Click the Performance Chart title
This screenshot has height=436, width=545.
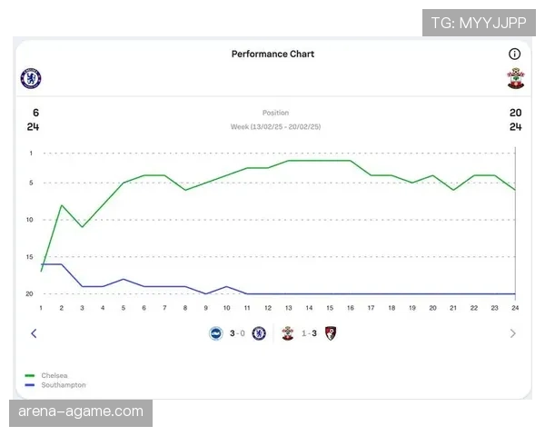[x=272, y=54]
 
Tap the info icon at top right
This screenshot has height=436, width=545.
[x=514, y=54]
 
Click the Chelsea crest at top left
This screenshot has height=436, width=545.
[x=31, y=78]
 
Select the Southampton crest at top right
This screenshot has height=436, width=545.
[x=515, y=78]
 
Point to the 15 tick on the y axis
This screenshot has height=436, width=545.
[x=30, y=257]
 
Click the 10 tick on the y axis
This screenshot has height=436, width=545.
[x=30, y=220]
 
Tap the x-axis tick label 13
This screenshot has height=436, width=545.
[x=289, y=308]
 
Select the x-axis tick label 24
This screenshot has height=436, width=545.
[x=515, y=308]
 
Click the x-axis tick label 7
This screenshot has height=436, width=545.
[x=165, y=308]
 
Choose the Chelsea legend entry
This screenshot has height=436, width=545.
[x=54, y=375]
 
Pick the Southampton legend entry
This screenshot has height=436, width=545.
[x=62, y=385]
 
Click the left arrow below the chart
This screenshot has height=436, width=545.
[x=34, y=333]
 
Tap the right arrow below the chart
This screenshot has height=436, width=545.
[x=512, y=333]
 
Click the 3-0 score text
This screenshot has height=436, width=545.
[x=237, y=333]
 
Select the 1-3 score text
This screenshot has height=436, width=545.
[x=310, y=333]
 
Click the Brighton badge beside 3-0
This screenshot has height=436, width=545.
[x=216, y=333]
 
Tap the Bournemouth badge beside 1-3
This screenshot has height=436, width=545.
[x=330, y=333]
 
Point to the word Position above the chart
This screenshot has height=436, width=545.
[x=275, y=114]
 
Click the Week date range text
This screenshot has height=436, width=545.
[x=274, y=127]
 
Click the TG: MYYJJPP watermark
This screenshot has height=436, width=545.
[x=479, y=22]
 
